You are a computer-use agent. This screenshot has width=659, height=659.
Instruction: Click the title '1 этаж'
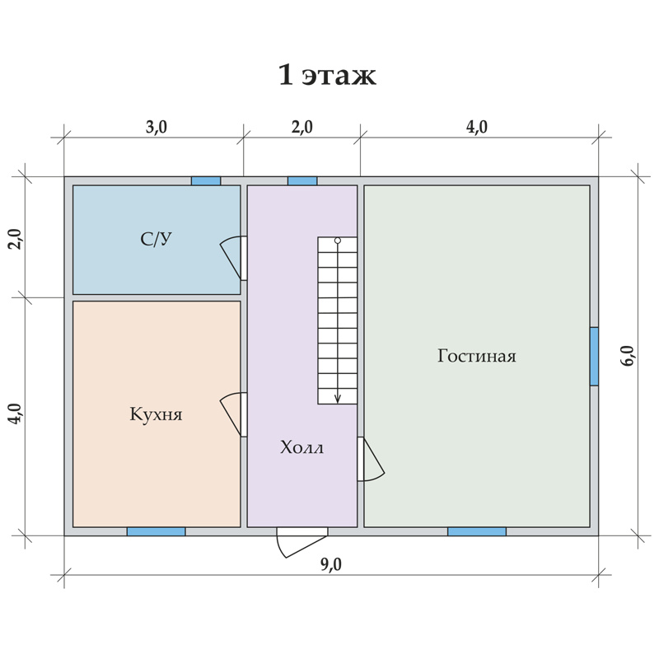click(x=327, y=76)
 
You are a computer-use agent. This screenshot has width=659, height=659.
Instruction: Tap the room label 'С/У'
click(x=156, y=239)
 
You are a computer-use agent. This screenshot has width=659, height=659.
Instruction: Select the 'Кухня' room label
click(x=156, y=414)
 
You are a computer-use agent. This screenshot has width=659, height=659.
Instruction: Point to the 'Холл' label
click(x=301, y=447)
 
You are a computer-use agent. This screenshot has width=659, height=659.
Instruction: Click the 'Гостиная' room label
click(x=477, y=356)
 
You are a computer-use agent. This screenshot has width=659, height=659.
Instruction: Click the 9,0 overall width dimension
click(x=331, y=565)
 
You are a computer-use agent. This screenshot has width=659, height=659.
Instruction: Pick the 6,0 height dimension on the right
click(x=628, y=356)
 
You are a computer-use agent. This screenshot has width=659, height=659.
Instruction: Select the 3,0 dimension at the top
click(x=157, y=127)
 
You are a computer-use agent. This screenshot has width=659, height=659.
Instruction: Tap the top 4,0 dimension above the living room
click(x=477, y=127)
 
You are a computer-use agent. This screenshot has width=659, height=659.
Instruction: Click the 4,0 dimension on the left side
click(x=16, y=414)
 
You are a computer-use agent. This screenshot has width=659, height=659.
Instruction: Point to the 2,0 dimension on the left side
click(x=16, y=239)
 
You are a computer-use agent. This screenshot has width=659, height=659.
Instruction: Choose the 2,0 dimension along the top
click(x=302, y=127)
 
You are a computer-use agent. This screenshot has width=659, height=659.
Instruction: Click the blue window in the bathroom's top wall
click(x=206, y=181)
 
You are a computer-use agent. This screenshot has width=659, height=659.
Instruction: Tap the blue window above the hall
click(x=302, y=181)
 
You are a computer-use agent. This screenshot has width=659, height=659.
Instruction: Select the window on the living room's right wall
click(x=594, y=357)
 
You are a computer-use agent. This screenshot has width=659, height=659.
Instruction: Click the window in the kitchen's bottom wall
click(x=156, y=531)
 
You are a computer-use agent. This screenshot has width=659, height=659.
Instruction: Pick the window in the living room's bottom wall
click(x=477, y=531)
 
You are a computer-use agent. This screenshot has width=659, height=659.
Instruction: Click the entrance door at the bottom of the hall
click(x=301, y=542)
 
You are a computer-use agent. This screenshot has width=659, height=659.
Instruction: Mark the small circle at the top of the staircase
click(x=338, y=241)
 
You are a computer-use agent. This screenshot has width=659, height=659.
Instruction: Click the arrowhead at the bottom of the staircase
click(x=338, y=400)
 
